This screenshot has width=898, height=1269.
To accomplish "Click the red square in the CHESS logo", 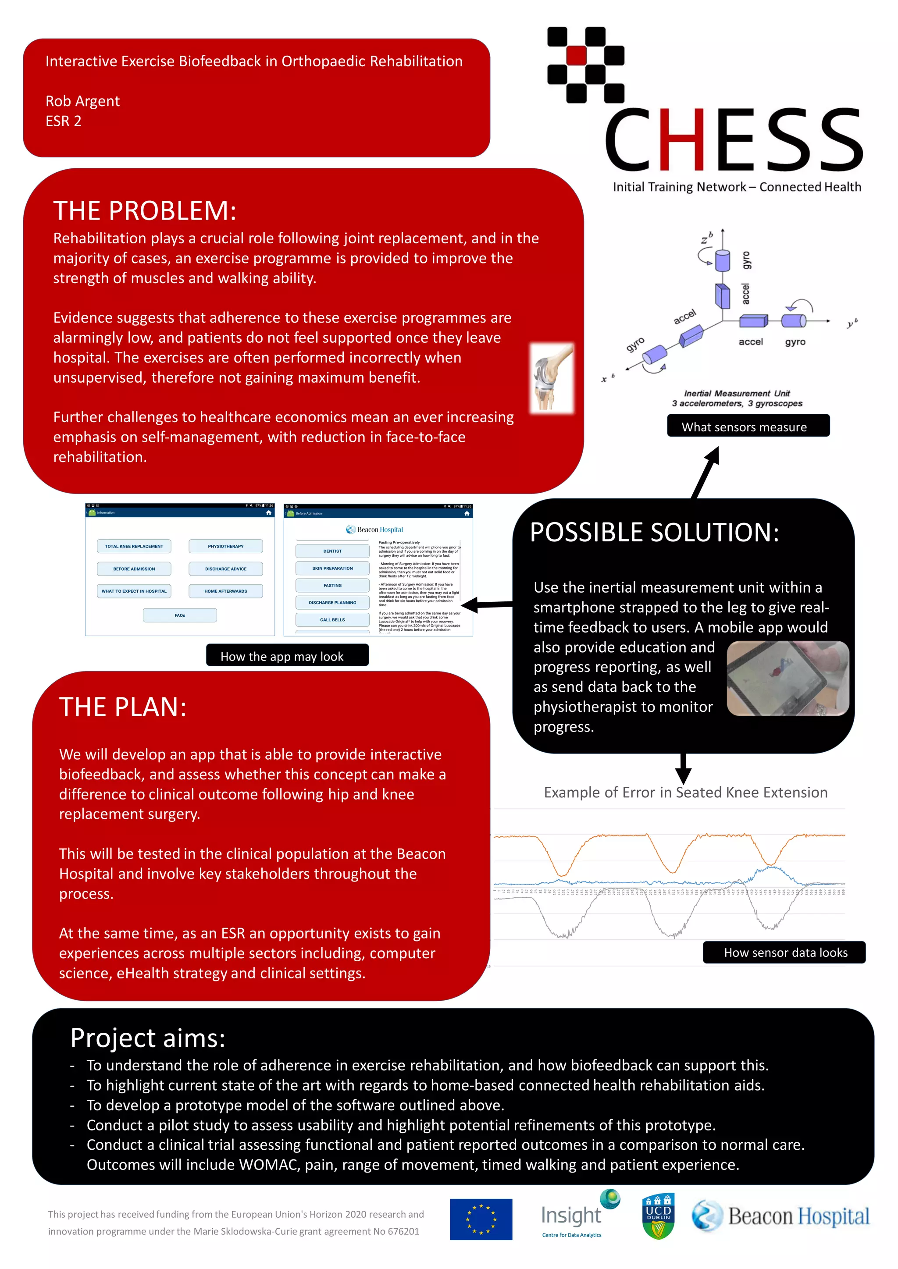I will (576, 55).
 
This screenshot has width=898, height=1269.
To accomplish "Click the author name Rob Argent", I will (82, 101).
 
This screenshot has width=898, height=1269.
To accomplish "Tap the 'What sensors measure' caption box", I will (748, 427).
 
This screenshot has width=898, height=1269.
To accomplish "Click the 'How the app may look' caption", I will (287, 656).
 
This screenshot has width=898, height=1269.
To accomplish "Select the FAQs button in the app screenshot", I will (180, 615).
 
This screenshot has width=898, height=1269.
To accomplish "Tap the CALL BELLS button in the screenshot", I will (332, 619).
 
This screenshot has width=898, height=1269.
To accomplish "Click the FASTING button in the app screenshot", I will (332, 585).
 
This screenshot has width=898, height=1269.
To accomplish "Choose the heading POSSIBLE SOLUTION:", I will (654, 533).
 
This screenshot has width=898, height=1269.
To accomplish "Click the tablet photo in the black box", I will (787, 679).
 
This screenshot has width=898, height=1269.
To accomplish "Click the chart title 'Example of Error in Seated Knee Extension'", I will (685, 793).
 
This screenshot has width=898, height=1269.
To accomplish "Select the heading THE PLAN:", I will (123, 707).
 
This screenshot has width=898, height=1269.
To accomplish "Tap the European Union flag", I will (481, 1219).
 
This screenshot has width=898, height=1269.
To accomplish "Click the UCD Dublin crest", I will (658, 1216).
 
